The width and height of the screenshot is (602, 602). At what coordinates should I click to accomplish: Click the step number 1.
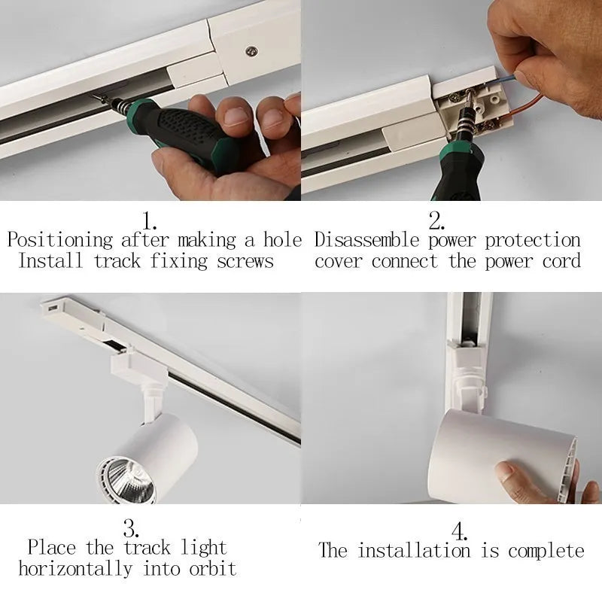point(150,221)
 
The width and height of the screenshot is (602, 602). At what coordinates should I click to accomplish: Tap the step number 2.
point(436,221)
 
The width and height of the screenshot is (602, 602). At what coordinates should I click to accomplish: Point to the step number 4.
point(460,531)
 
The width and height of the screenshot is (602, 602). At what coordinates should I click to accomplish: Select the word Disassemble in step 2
point(367,241)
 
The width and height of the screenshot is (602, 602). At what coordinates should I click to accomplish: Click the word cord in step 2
point(561,262)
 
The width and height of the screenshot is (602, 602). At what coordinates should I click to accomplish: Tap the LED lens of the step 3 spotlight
point(126,479)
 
